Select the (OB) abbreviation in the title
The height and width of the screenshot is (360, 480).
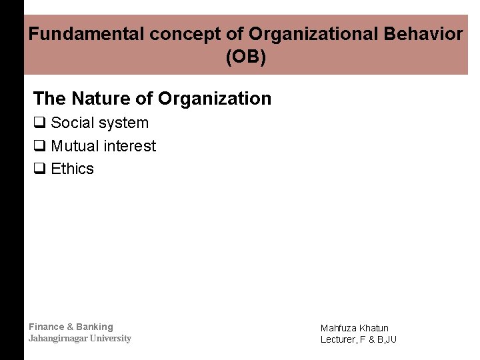click(x=245, y=58)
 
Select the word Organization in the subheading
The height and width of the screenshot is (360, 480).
click(x=215, y=99)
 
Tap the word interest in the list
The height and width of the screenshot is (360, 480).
click(x=131, y=146)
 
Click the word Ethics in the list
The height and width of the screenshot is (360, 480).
click(x=73, y=169)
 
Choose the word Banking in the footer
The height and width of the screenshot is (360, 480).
click(x=95, y=327)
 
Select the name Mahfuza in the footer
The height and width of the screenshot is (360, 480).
click(x=338, y=328)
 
